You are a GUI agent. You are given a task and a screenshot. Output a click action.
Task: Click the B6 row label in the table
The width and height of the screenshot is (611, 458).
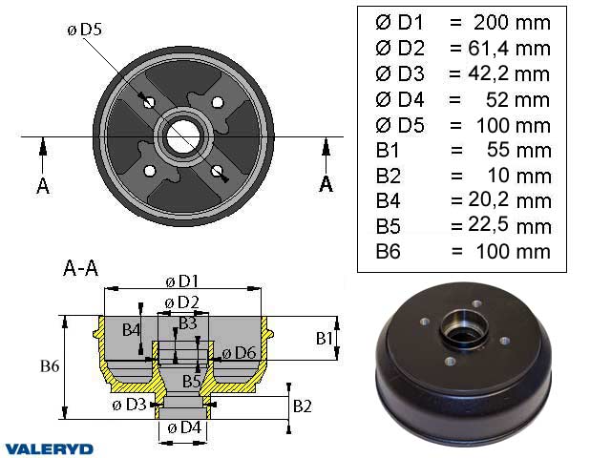[x=388, y=252]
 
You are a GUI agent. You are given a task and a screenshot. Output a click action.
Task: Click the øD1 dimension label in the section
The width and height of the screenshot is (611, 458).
[x=182, y=281]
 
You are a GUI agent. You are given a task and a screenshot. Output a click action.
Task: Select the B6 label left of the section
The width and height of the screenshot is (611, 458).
[x=51, y=364]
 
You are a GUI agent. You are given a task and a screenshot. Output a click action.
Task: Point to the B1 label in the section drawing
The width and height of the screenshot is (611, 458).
[x=325, y=338]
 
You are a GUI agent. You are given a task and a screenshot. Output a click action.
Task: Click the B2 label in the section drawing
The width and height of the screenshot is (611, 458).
[x=303, y=406]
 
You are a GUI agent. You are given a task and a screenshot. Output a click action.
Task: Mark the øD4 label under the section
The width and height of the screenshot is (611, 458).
[x=182, y=428]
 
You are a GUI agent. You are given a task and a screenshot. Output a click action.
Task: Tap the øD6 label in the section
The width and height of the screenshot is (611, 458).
[x=240, y=353]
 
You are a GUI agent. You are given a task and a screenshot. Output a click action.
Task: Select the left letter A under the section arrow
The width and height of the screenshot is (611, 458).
[x=43, y=185]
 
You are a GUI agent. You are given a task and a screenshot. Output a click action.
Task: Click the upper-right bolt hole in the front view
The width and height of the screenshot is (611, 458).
[x=218, y=102]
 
